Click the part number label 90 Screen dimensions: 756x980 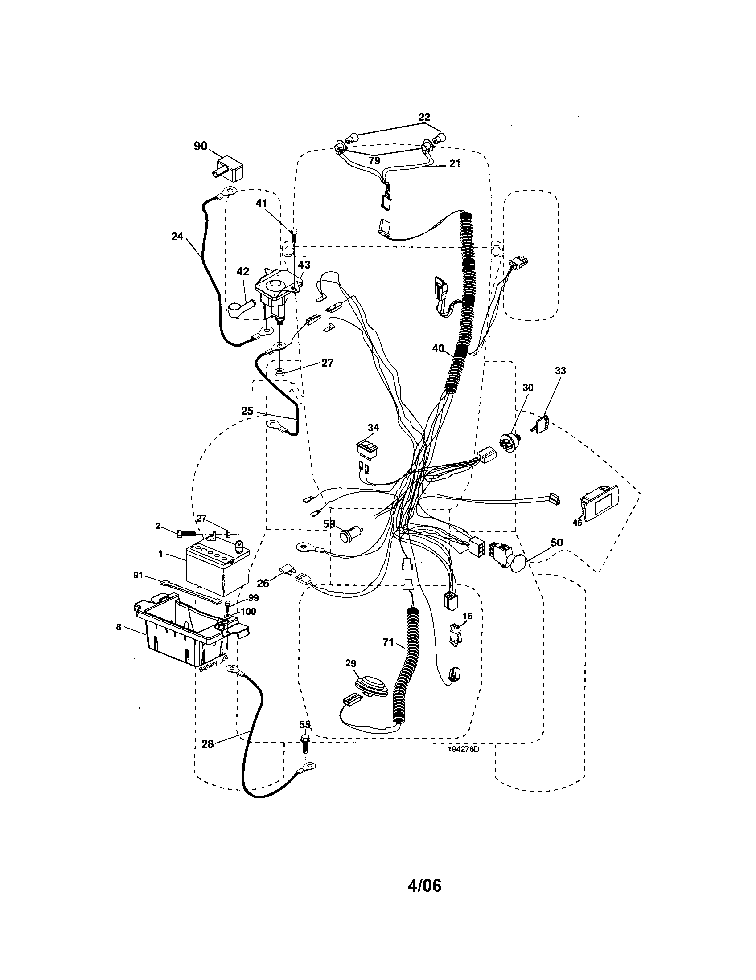point(200,147)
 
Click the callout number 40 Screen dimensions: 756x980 point(438,348)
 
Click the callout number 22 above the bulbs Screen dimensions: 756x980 point(424,117)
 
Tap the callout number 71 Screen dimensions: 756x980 point(388,643)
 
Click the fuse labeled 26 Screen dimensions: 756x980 point(288,569)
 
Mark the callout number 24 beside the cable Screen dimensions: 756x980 point(177,236)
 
